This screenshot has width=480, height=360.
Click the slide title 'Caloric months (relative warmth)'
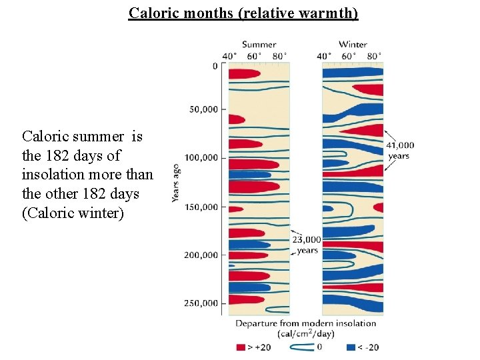click(x=244, y=13)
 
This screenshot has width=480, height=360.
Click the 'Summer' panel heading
click(x=259, y=45)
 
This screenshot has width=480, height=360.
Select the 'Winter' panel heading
click(x=353, y=45)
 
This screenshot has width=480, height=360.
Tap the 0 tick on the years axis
click(x=215, y=66)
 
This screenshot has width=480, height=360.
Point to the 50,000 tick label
click(x=203, y=109)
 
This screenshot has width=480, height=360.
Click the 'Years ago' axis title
click(x=175, y=183)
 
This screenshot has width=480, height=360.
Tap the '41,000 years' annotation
click(x=399, y=150)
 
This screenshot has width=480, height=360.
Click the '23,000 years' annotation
click(x=307, y=245)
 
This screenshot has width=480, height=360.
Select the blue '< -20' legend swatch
click(x=351, y=347)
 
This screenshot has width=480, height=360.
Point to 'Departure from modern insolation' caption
click(x=306, y=324)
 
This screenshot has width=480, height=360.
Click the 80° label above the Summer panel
click(x=281, y=56)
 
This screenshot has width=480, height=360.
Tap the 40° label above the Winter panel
click(x=325, y=56)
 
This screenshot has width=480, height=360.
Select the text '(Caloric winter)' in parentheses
click(x=73, y=213)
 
